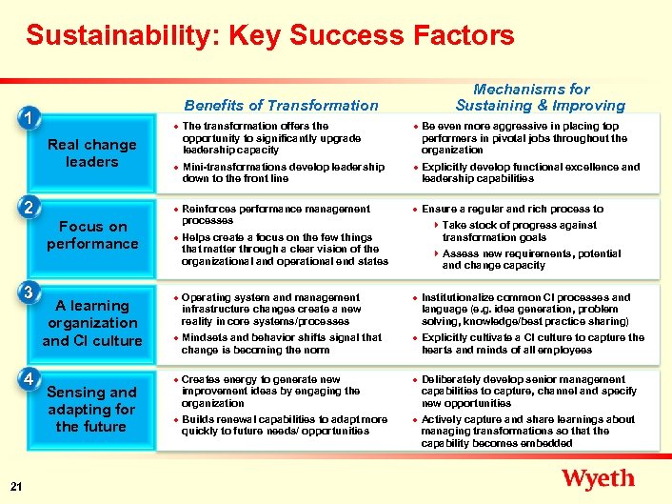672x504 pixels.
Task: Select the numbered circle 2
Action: pos(31,208)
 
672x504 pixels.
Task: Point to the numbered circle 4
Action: pos(31,378)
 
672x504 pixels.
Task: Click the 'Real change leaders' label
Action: pos(91,153)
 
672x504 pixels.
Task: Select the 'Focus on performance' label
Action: pos(91,235)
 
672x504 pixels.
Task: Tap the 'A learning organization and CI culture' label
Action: pos(91,323)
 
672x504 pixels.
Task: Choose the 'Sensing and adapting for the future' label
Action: pos(91,409)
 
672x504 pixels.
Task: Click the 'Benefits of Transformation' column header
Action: pos(281,105)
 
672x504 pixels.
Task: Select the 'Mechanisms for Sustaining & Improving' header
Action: pos(540,97)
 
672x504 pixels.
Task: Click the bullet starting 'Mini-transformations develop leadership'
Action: pos(283,172)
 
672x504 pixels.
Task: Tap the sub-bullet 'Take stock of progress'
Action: pos(519,232)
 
